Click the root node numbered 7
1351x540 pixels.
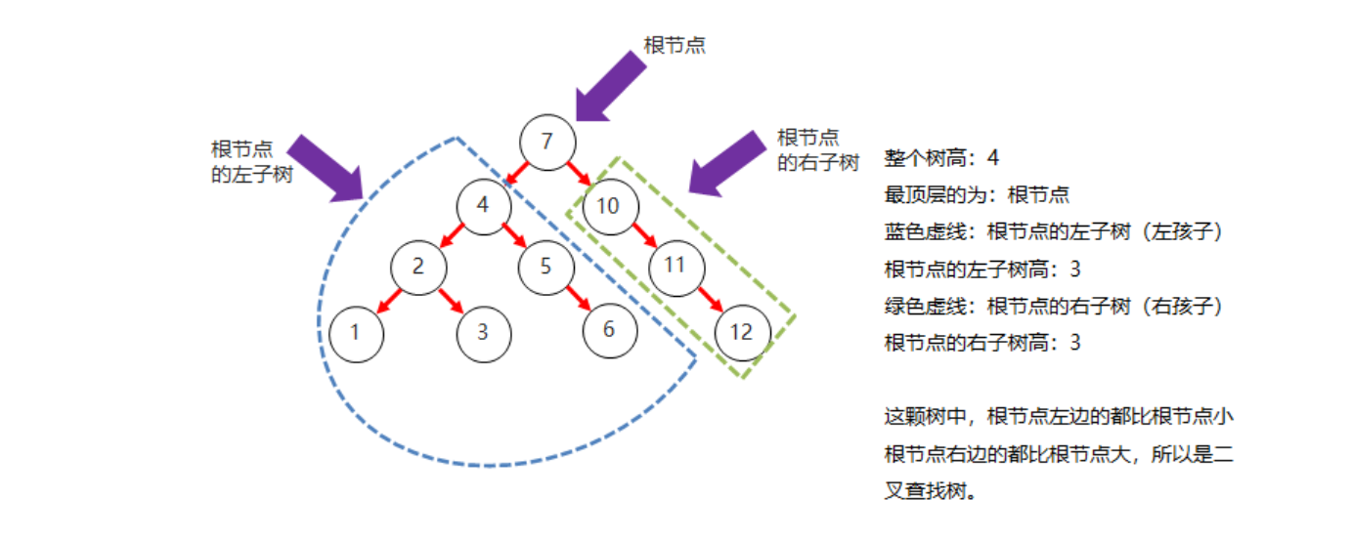(x=546, y=142)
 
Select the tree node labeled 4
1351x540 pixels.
(x=484, y=206)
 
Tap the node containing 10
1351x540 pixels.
(x=609, y=206)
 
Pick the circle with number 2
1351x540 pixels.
(x=418, y=266)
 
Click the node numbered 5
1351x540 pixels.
(x=545, y=266)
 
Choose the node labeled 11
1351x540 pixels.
(x=674, y=266)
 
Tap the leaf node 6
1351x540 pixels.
(x=609, y=329)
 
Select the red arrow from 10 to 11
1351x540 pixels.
(x=642, y=235)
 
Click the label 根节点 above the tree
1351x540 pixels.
(x=675, y=45)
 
